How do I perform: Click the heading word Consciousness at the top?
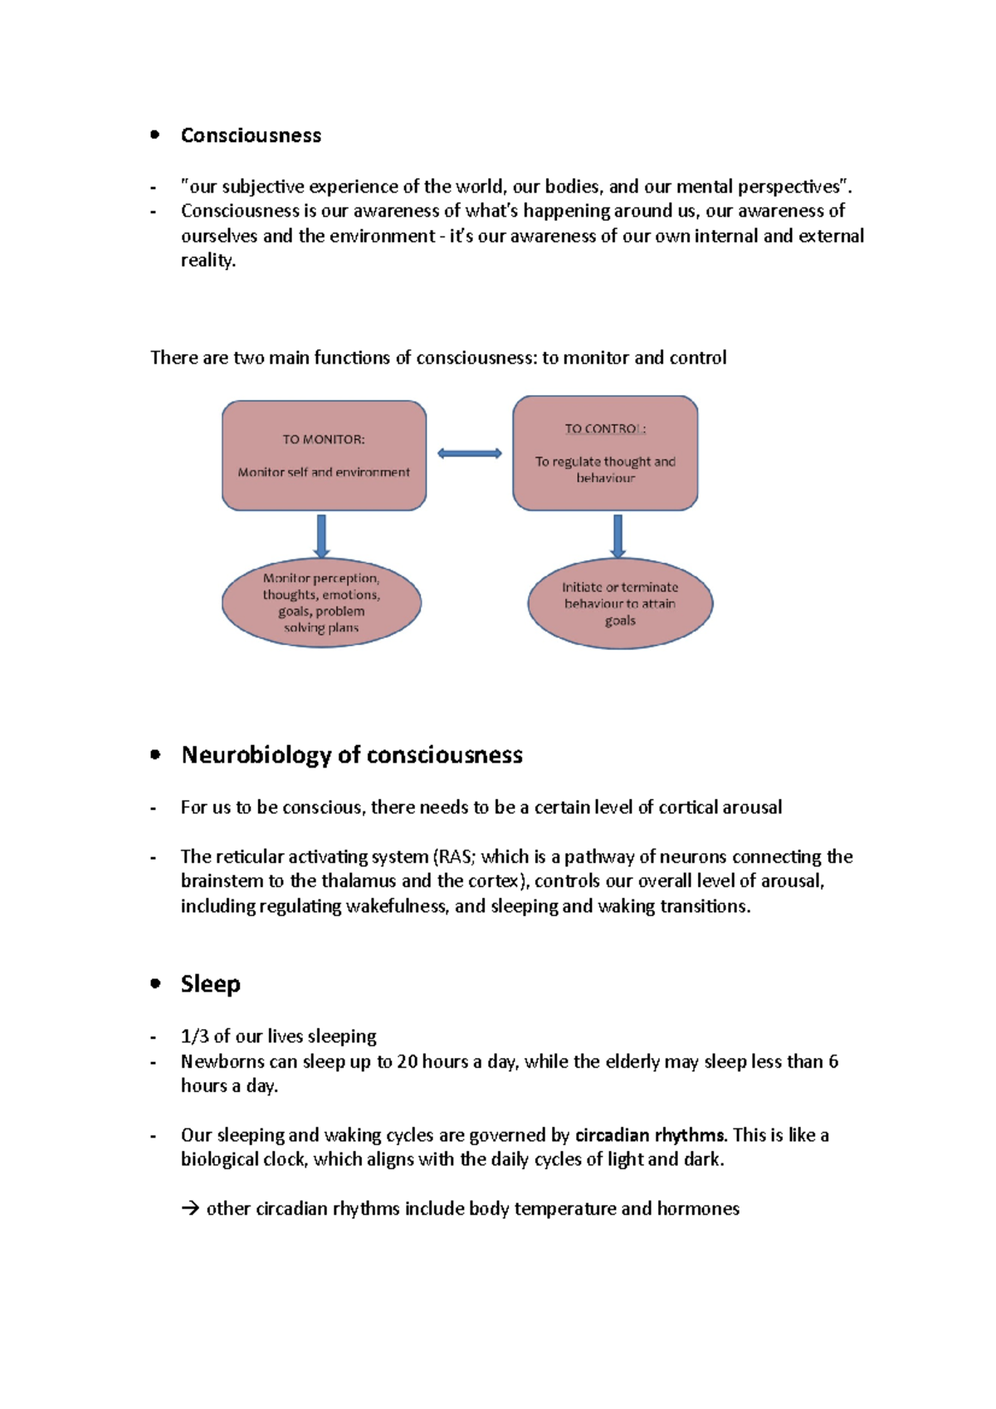coord(251,135)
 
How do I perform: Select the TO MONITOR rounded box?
coord(324,456)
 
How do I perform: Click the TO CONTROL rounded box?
coord(605,453)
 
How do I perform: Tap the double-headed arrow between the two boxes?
coord(470,453)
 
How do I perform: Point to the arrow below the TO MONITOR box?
coord(321,535)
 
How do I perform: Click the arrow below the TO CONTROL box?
coord(618,535)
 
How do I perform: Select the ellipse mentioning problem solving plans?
coord(321,603)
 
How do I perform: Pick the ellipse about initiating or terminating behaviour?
coord(620,603)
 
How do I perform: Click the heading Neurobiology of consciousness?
coord(352,755)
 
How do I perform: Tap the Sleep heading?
coord(211,984)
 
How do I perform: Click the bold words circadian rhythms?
coord(650,1135)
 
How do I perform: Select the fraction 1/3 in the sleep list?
coord(194,1036)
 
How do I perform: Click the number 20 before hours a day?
coord(408,1061)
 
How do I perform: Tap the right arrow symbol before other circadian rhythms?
coord(190,1209)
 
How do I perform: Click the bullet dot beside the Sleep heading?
coord(155,983)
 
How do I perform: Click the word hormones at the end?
coord(698,1209)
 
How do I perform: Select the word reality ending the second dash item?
coord(207,261)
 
